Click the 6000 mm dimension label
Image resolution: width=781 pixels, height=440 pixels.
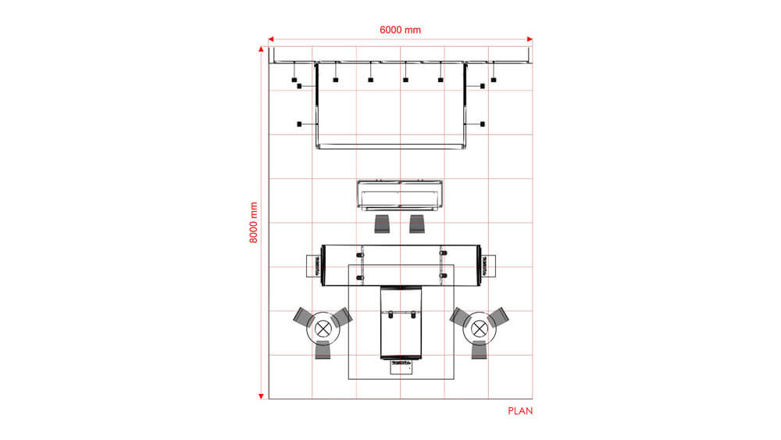click(x=400, y=30)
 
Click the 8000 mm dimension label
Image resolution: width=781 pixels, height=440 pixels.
click(x=253, y=223)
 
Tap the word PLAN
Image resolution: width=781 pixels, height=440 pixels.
click(x=520, y=410)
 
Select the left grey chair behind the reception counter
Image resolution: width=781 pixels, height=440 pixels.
click(x=383, y=224)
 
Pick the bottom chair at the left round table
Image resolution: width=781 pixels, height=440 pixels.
click(x=323, y=352)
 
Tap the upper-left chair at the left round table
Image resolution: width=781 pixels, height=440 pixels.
click(x=302, y=317)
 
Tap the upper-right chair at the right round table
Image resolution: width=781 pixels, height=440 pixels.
click(x=500, y=317)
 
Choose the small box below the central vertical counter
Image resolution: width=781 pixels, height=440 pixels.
click(x=400, y=368)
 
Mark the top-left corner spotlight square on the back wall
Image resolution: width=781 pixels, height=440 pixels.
click(x=294, y=80)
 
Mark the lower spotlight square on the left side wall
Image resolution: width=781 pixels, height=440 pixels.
click(x=299, y=124)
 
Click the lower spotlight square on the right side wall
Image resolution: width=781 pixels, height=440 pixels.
click(x=483, y=124)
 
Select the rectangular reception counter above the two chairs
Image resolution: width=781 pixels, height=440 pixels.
click(x=400, y=195)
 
